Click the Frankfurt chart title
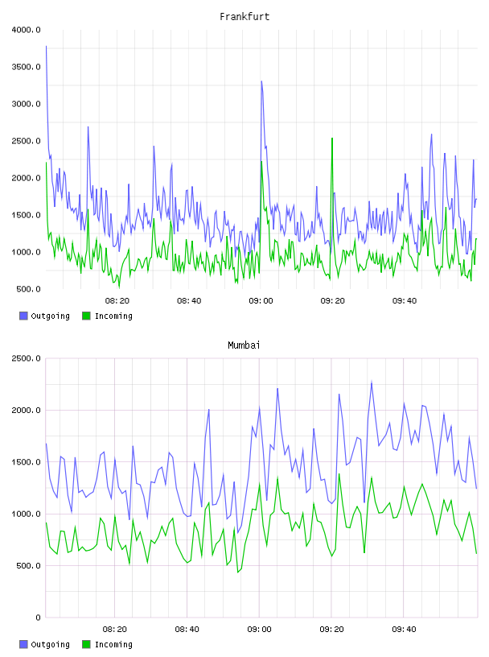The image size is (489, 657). point(244,16)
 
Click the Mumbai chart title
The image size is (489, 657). point(244,345)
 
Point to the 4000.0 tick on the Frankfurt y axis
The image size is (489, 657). point(26,30)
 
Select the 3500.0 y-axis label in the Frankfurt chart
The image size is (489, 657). point(26,67)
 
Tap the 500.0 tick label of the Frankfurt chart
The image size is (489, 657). point(28,289)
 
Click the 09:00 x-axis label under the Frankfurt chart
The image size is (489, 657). point(261,300)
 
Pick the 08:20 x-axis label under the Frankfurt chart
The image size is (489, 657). point(117,300)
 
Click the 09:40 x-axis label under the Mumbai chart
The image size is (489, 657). point(404,629)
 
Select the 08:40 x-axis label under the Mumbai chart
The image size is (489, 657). point(187,629)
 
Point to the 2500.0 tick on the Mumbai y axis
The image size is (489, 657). point(26,358)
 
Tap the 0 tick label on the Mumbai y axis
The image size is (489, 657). point(38,618)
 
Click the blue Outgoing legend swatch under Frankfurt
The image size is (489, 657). point(23,316)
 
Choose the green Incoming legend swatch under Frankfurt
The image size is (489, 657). point(86,316)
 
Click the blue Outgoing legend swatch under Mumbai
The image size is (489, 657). point(23,644)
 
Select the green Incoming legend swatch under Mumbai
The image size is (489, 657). point(86,644)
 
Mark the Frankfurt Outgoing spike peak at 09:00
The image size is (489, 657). point(261,81)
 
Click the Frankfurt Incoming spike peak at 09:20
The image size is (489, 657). point(332,138)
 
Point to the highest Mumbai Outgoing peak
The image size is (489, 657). point(372,382)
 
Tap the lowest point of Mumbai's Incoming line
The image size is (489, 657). point(238,572)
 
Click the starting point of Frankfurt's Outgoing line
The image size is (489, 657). point(46,46)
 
